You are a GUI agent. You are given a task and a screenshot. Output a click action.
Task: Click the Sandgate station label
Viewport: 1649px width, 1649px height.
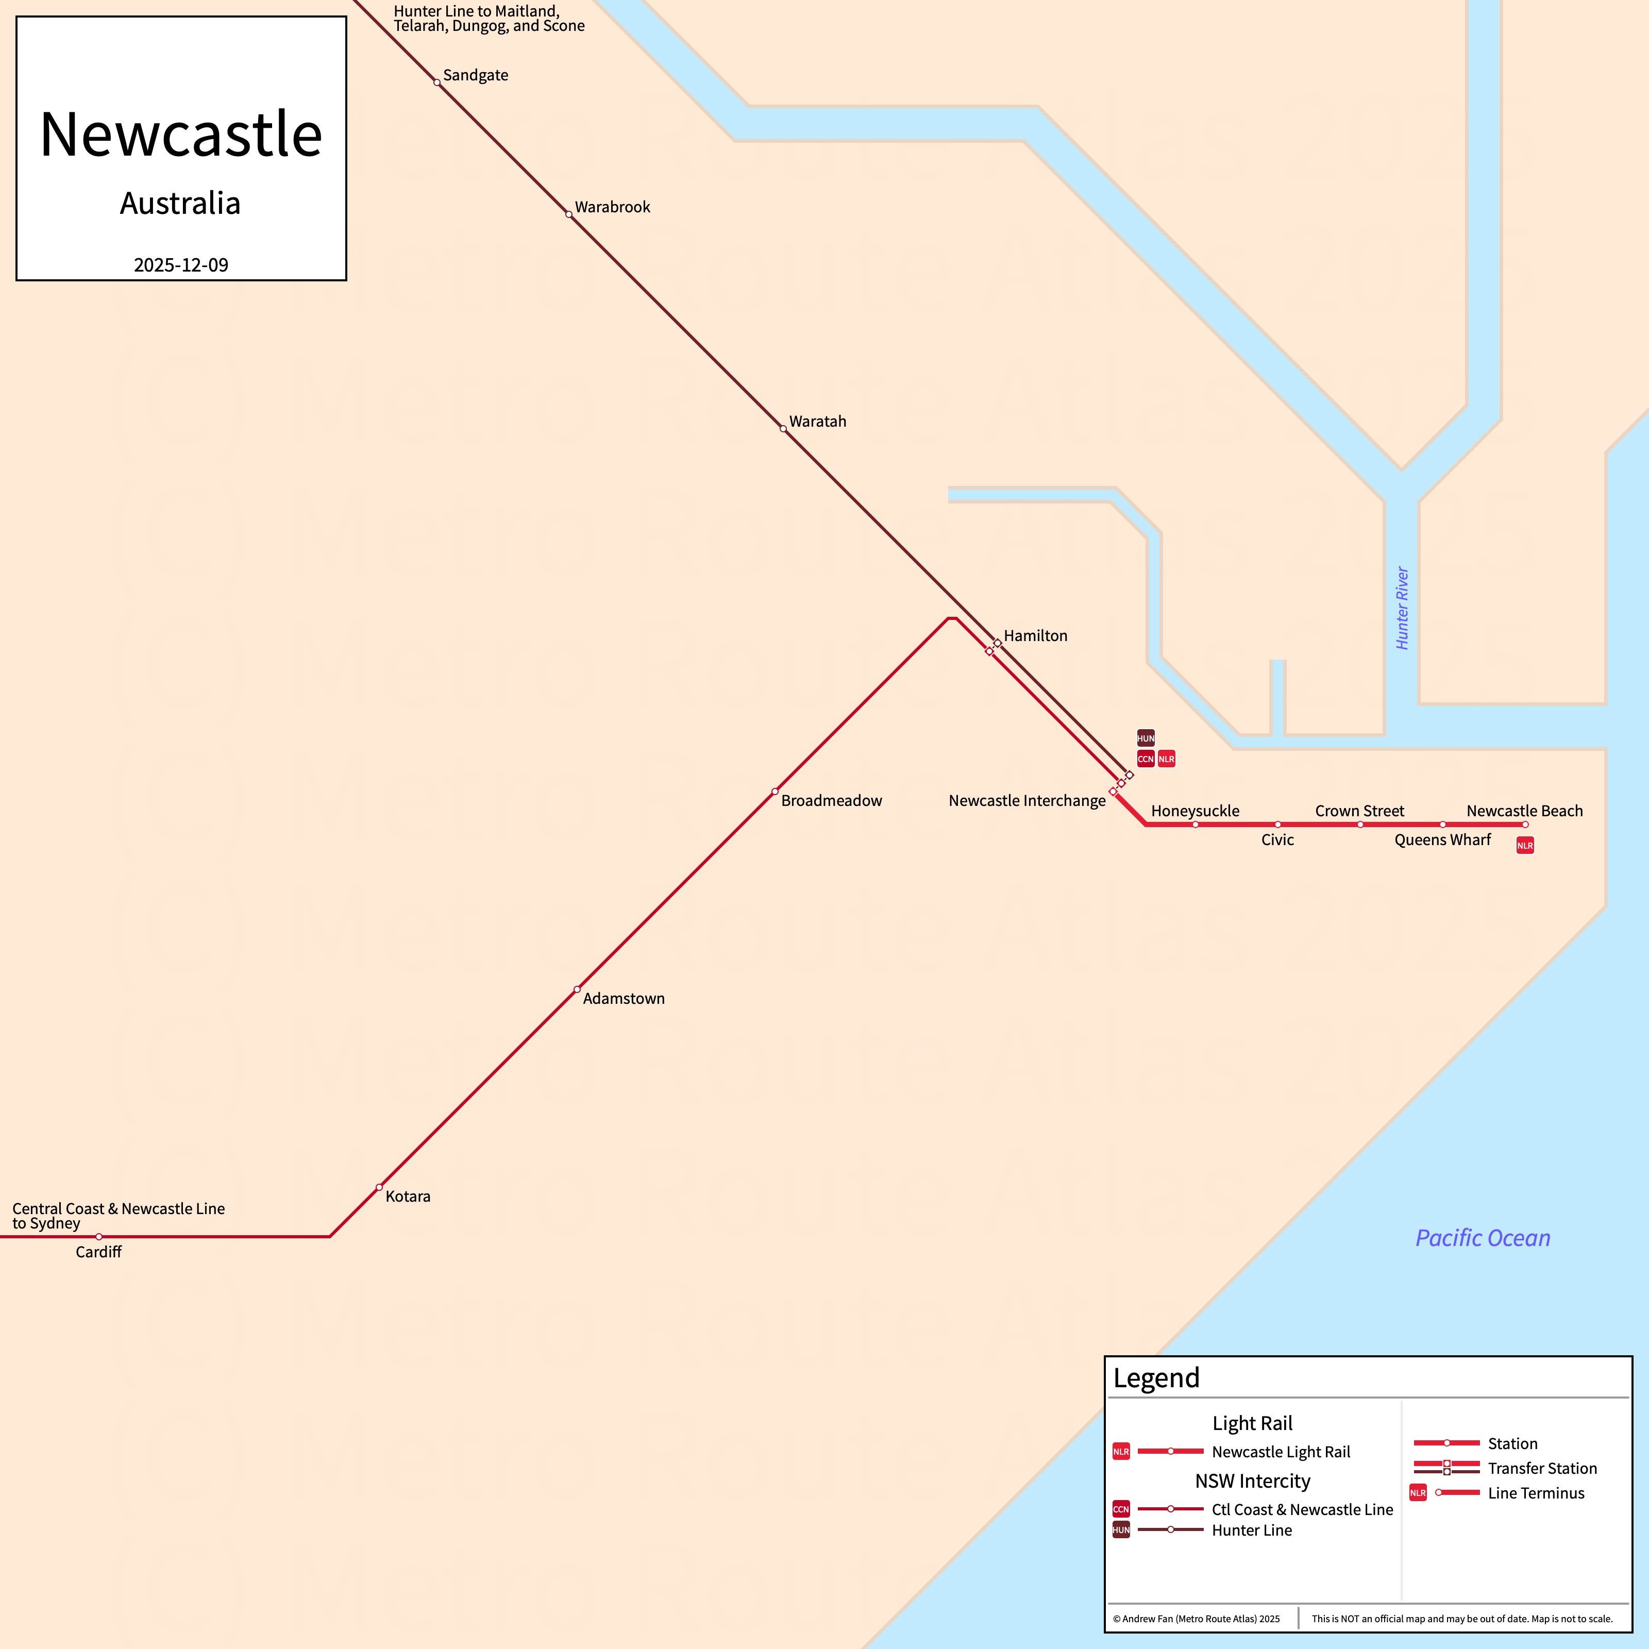[476, 75]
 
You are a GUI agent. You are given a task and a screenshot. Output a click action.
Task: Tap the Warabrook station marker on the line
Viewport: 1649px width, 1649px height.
[568, 214]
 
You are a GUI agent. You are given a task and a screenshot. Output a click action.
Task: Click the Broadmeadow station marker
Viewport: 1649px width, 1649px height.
[774, 791]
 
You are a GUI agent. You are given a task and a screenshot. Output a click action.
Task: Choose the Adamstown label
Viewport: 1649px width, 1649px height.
[623, 999]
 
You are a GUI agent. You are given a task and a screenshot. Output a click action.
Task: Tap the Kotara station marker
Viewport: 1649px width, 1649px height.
[379, 1187]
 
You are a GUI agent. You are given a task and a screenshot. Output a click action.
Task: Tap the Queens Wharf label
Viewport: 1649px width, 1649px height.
[1442, 840]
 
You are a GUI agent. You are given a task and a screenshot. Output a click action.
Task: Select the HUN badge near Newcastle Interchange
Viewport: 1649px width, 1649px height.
[1146, 738]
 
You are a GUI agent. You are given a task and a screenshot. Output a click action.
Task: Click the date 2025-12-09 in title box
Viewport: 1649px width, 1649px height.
[181, 265]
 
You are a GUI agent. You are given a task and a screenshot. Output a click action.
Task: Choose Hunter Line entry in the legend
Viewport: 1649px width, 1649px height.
[1251, 1530]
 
